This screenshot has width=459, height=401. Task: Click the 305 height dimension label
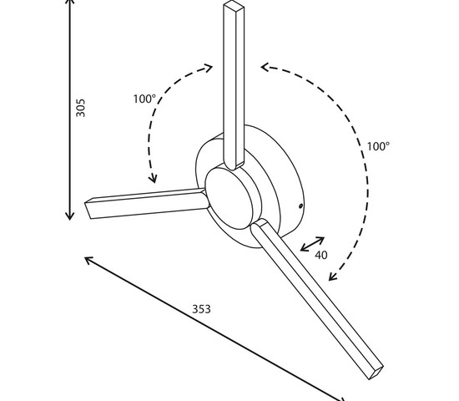[81, 108]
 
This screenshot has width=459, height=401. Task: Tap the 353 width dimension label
[201, 309]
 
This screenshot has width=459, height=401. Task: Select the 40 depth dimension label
[321, 255]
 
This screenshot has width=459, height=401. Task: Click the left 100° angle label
[144, 99]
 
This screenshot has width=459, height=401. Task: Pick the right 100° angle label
[378, 145]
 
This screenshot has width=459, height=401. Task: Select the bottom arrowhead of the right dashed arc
[333, 278]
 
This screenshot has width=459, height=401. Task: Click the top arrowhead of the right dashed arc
[263, 66]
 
